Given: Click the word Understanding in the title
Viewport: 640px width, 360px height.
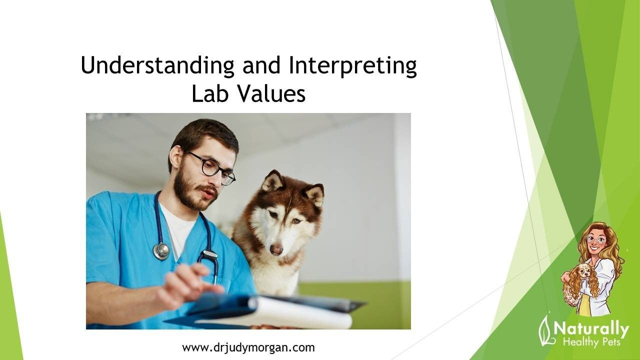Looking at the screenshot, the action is tap(157, 65).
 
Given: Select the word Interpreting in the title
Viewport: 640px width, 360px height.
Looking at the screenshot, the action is tap(352, 66).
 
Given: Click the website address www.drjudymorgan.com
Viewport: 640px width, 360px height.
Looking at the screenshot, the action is tap(248, 347).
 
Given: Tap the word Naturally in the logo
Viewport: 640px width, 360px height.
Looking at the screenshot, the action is tap(591, 329).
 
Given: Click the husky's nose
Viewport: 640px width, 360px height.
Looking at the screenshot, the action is tap(276, 250).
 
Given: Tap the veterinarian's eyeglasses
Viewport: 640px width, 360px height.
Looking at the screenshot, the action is tap(212, 167).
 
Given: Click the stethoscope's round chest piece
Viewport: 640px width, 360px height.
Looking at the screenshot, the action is tap(161, 251).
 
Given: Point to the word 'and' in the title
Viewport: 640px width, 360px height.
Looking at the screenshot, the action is tap(261, 65).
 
